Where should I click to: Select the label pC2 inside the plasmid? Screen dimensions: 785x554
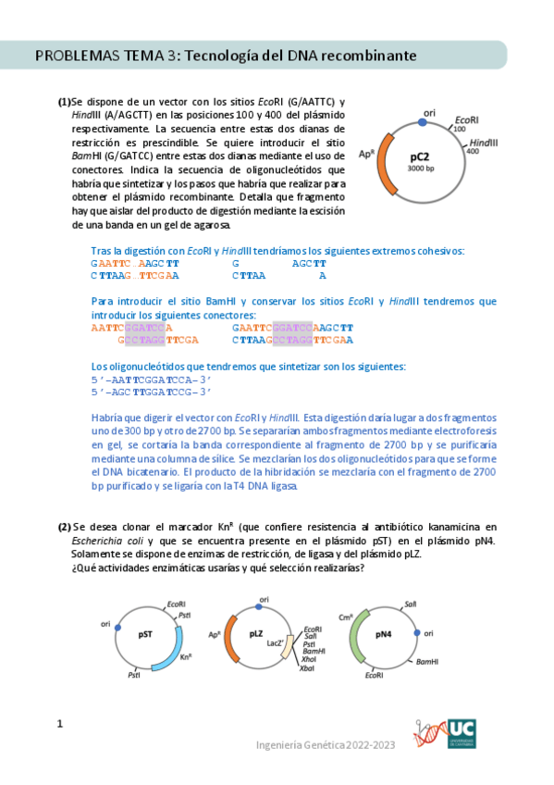(421, 157)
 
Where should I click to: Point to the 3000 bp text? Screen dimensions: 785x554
(421, 169)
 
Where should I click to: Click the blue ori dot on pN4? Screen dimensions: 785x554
(418, 633)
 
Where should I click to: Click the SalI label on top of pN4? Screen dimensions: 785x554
(410, 604)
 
